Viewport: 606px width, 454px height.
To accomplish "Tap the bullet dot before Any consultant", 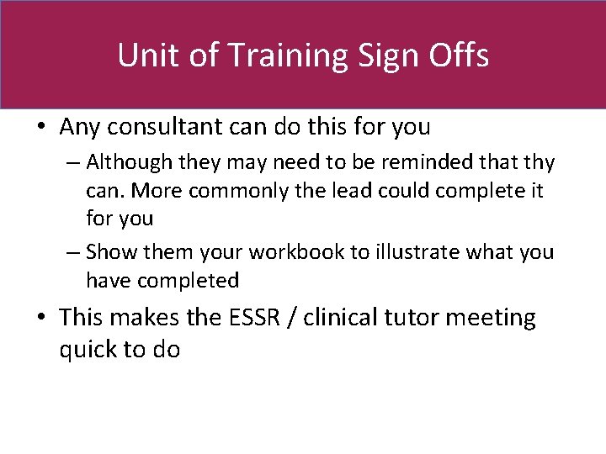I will point(41,128).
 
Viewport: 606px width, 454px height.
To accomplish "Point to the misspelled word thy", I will point(539,161).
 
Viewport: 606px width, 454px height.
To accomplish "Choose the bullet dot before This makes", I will point(41,318).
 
